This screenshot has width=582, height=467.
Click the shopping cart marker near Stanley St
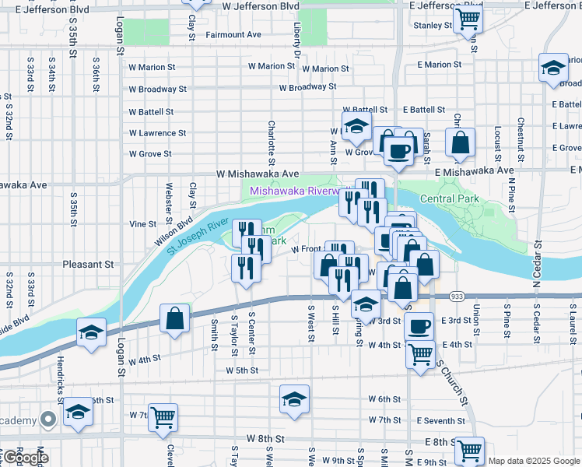pos(468,19)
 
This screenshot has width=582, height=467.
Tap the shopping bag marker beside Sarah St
pos(461,142)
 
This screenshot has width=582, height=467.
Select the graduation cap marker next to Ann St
pos(356,127)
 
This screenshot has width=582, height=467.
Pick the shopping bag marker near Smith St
pos(175,318)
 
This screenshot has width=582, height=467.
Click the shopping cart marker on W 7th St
pos(163,418)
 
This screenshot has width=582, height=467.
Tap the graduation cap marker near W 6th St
pos(294,400)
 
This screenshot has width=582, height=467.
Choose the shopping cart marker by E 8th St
pos(469,451)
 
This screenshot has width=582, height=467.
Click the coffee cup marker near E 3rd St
pos(419,326)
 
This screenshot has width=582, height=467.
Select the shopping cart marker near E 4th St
pos(421,354)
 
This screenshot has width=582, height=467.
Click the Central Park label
pos(447,198)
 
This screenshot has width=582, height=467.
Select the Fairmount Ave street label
pos(233,35)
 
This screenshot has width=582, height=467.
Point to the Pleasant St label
pos(88,265)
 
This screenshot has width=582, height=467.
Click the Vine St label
pos(142,224)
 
